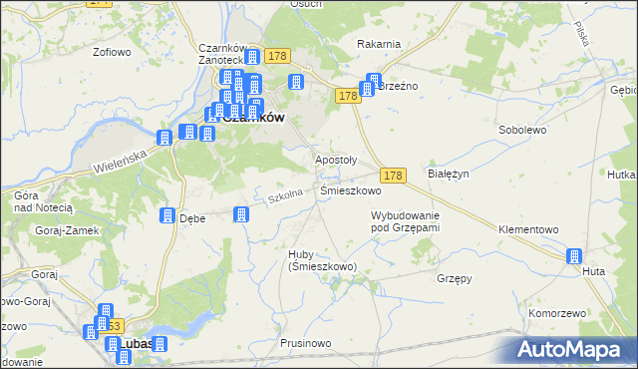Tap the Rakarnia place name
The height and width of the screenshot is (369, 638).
pos(379,44)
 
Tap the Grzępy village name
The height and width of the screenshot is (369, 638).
pos(454,278)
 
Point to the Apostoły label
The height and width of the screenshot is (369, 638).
pos(336,160)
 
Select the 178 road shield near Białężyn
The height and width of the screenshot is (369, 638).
pos(393,175)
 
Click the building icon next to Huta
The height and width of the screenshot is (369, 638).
pos(573,256)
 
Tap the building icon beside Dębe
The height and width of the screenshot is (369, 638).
pos(166,216)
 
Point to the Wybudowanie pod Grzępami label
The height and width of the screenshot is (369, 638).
pos(405,221)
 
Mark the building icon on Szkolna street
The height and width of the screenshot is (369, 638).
pos(240,214)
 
